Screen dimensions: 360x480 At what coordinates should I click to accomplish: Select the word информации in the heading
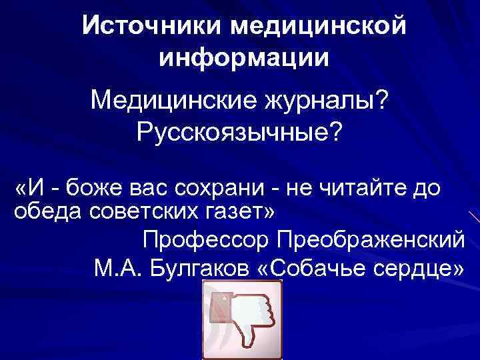click(244, 57)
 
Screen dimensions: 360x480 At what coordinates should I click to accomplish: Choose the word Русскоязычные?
click(239, 133)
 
